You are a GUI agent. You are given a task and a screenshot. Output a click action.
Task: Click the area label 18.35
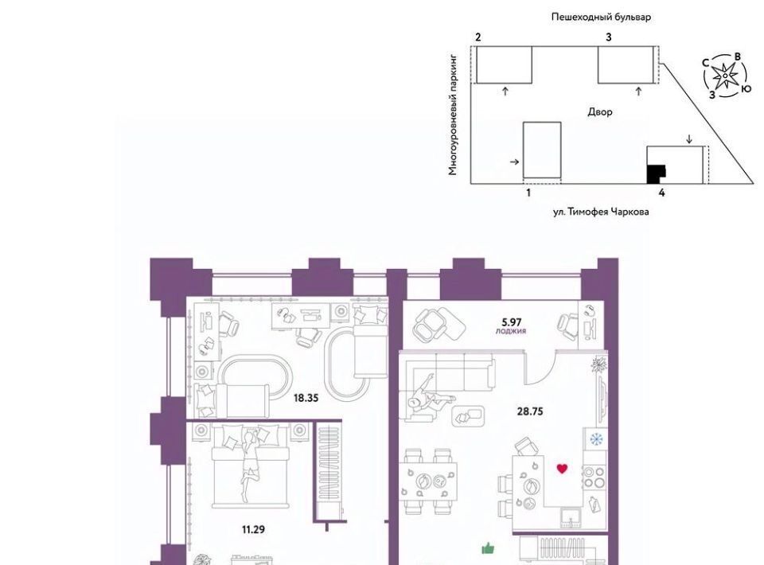tap(306, 398)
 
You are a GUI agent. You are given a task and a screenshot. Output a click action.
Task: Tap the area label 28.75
tap(530, 411)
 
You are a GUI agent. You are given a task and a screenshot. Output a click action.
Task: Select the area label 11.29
tap(253, 529)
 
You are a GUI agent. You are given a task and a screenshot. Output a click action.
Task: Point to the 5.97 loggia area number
tap(512, 322)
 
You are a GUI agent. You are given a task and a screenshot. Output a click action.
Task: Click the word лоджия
tap(511, 331)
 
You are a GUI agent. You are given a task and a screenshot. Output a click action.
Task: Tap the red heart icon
tap(563, 469)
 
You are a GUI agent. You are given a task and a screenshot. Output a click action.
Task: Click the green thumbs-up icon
tap(488, 548)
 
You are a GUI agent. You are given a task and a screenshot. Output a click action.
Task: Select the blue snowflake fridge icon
tap(595, 438)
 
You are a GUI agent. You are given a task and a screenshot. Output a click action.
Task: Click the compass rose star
tap(726, 76)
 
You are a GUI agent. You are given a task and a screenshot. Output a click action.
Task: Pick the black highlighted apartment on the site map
tap(655, 174)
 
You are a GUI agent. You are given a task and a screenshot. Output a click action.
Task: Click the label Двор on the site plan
tap(600, 112)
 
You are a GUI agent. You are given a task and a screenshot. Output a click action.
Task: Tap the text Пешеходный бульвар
tap(602, 17)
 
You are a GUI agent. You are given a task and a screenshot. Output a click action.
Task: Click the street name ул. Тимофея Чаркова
tap(601, 212)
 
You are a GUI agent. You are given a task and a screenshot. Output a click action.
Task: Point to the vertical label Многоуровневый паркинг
tap(453, 115)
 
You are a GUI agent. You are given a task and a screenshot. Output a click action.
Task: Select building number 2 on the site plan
tap(478, 37)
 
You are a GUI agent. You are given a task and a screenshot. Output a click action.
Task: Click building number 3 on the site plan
tap(609, 37)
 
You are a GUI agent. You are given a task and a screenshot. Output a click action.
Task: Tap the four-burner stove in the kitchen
tap(594, 477)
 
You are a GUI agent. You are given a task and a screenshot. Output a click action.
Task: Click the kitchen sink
tap(570, 518)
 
